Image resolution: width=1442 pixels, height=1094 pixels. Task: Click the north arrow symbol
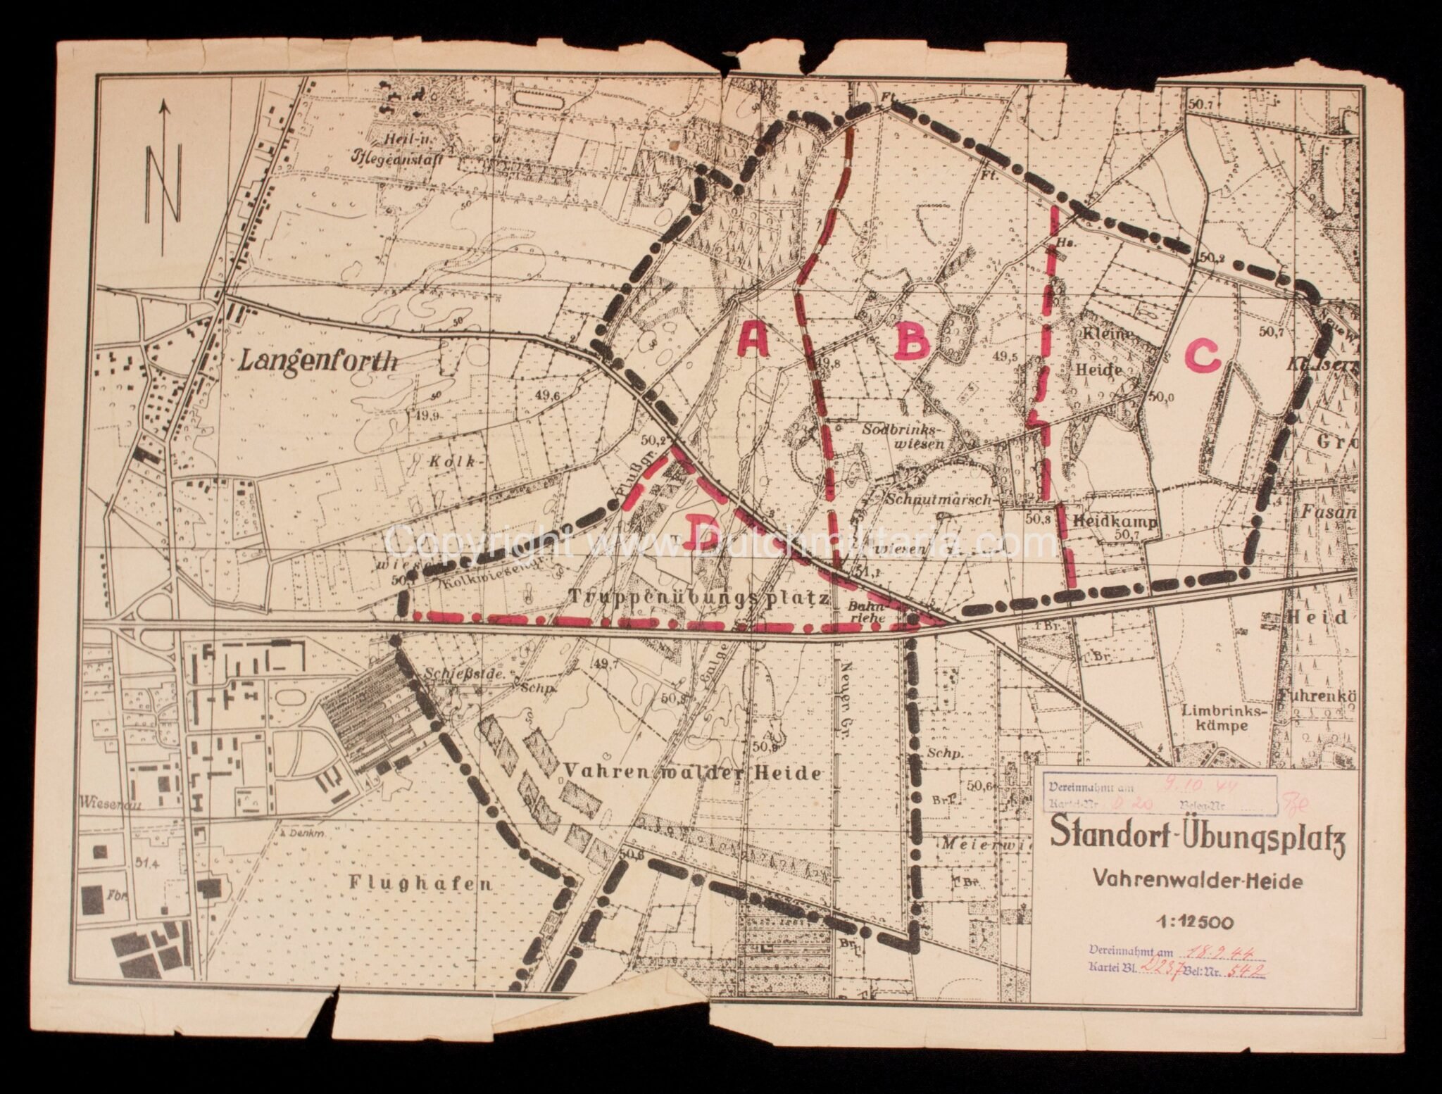[x=164, y=176]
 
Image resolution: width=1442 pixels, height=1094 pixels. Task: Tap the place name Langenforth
[x=319, y=361]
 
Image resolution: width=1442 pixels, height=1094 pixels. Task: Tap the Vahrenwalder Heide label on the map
[x=691, y=773]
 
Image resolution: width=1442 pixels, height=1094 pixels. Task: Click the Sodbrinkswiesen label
[x=906, y=435]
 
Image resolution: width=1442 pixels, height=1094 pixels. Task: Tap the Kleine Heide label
[x=1112, y=351]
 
